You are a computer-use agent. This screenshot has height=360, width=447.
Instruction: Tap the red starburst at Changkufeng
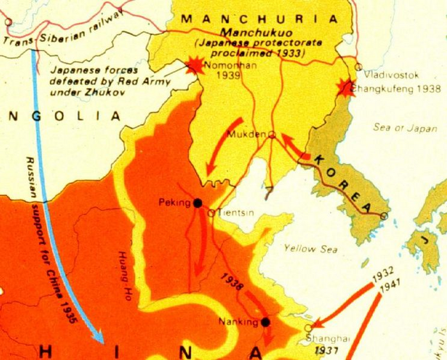(x=345, y=88)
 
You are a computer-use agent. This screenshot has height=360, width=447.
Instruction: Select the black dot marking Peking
(x=197, y=203)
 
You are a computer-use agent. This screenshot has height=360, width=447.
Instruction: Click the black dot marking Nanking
(x=265, y=322)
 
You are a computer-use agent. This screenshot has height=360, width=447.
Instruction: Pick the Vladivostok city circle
(x=358, y=66)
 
